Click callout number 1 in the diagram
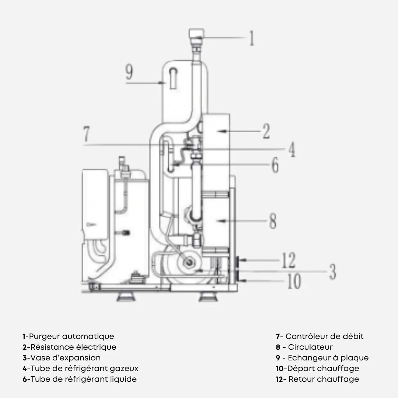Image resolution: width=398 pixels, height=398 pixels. coord(252,38)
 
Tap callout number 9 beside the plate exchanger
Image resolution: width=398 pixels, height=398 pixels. coord(129,72)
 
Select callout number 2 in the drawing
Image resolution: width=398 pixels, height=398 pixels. coord(266,131)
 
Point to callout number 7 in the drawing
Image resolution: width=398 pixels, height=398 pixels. coord(87,134)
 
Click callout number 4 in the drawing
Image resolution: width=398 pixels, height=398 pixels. coord(292,149)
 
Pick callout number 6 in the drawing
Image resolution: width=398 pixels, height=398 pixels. coord(275,165)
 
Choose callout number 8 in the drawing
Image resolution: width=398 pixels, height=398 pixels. coord(273,221)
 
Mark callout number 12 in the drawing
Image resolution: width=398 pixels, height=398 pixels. coord(289,260)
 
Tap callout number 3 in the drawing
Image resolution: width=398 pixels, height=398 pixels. coord(333,272)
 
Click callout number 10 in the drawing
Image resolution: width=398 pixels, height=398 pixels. coord(294,281)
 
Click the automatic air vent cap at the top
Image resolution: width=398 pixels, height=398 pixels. coord(196,34)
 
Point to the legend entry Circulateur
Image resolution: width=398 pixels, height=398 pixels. coord(310,347)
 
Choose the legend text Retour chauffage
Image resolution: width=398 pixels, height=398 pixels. coord(324,379)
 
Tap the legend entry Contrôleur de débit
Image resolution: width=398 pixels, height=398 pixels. coord(325,336)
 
